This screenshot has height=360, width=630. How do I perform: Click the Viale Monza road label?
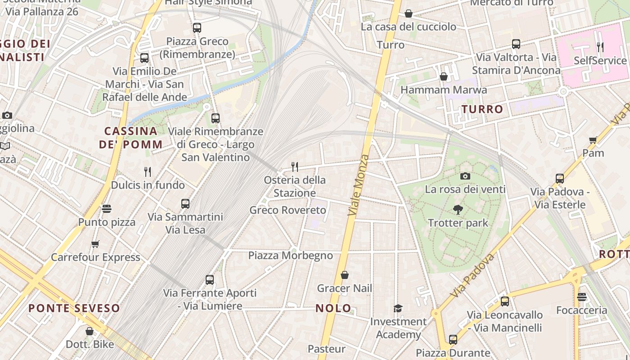pyautogui.click(x=359, y=184)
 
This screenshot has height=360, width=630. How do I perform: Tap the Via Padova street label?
pyautogui.click(x=472, y=274)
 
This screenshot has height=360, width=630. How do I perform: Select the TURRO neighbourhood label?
pyautogui.click(x=482, y=109)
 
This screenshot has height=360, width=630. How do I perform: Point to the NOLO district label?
pyautogui.click(x=333, y=308)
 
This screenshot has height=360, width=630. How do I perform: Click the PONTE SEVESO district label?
pyautogui.click(x=74, y=308)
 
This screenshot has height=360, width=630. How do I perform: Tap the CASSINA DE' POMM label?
pyautogui.click(x=131, y=138)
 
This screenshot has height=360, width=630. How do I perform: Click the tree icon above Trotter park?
pyautogui.click(x=458, y=209)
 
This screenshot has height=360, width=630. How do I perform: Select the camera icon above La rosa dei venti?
pyautogui.click(x=465, y=176)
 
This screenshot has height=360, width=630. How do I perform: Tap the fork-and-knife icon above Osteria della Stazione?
pyautogui.click(x=295, y=167)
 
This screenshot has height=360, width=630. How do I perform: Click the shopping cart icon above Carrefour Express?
pyautogui.click(x=95, y=244)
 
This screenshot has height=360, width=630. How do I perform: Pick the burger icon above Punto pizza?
pyautogui.click(x=107, y=209)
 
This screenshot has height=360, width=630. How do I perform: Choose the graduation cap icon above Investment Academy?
pyautogui.click(x=398, y=308)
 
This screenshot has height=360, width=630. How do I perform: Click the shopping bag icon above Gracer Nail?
pyautogui.click(x=345, y=275)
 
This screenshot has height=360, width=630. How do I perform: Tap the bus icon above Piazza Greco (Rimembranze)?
pyautogui.click(x=197, y=28)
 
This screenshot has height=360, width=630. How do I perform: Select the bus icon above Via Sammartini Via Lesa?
pyautogui.click(x=185, y=204)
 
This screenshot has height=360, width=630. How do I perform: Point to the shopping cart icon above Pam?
pyautogui.click(x=593, y=140)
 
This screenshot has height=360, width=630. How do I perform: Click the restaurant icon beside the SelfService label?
pyautogui.click(x=600, y=47)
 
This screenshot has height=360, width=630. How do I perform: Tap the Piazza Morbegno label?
pyautogui.click(x=291, y=256)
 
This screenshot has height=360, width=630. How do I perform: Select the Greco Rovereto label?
pyautogui.click(x=288, y=210)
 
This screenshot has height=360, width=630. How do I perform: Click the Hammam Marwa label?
pyautogui.click(x=444, y=90)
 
